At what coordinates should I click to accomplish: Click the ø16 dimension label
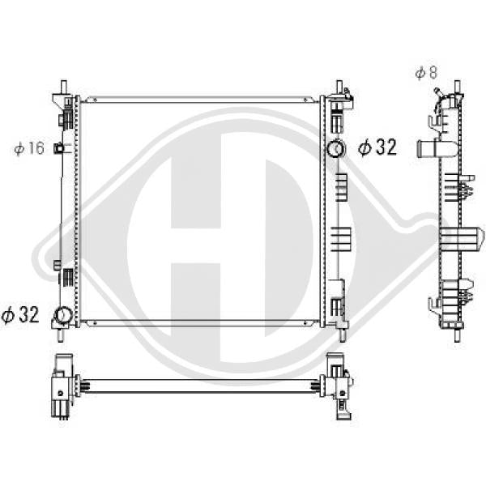[x=29, y=148]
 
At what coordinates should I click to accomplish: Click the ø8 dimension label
[x=426, y=73]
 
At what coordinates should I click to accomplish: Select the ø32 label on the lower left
[x=20, y=314]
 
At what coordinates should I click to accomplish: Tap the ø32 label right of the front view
[x=377, y=147]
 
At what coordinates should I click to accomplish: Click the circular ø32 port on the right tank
[x=335, y=148]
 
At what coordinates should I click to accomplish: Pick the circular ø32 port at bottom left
[x=63, y=315]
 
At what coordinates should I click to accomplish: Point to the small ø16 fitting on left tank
[x=58, y=148]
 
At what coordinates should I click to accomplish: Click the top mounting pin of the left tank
[x=63, y=87]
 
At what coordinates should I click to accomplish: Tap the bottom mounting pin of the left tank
[x=61, y=335]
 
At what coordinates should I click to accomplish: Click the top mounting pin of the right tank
[x=339, y=87]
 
